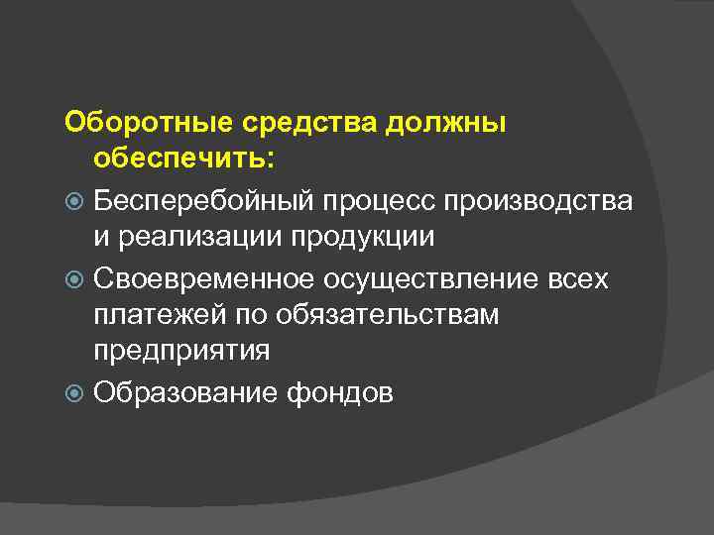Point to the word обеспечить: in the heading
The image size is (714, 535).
[187, 159]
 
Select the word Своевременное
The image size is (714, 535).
[198, 279]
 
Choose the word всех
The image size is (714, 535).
[580, 279]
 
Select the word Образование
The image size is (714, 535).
[186, 393]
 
